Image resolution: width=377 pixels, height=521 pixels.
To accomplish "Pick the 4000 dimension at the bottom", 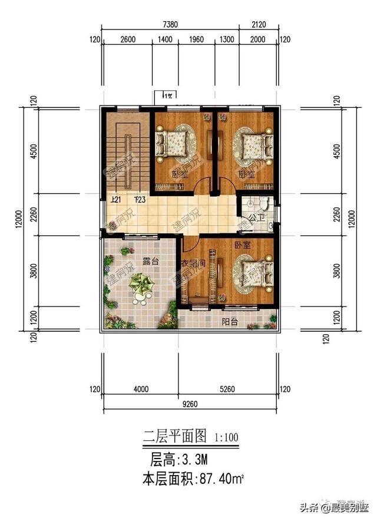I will [140, 389].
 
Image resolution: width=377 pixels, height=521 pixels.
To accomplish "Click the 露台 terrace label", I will [150, 262].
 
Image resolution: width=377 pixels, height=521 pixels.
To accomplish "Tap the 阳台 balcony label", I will [230, 322].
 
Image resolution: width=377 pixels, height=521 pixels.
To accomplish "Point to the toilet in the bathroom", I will [262, 203].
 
